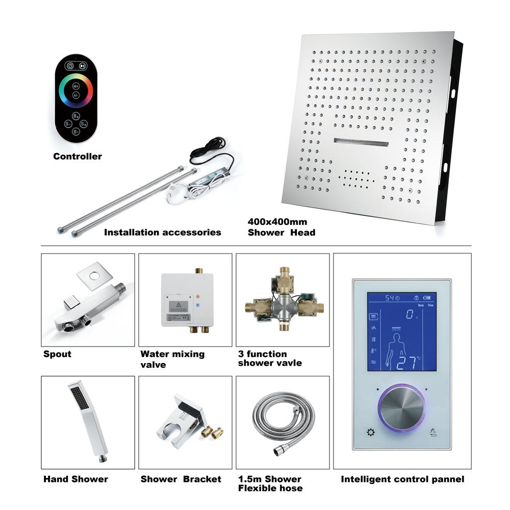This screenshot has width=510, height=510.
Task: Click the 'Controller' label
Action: click(x=78, y=157)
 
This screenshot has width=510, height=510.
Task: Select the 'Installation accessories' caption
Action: click(x=162, y=233)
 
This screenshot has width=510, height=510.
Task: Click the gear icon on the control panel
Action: click(x=370, y=433)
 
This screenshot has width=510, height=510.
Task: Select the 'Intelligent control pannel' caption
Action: click(x=402, y=479)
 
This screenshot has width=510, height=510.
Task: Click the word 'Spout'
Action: click(x=58, y=354)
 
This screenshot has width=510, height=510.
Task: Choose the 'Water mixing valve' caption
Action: click(x=172, y=359)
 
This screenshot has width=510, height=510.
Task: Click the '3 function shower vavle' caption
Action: click(x=270, y=359)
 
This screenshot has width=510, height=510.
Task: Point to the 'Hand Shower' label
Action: click(x=75, y=479)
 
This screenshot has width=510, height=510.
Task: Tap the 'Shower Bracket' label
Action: click(x=181, y=479)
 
